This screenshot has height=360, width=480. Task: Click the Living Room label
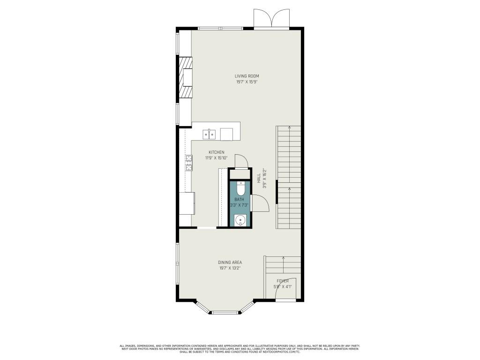247,76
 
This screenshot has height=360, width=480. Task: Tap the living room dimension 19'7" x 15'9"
247,82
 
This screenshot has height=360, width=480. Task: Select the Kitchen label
217,152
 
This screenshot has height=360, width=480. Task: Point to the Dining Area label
230,262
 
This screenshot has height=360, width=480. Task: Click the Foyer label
282,281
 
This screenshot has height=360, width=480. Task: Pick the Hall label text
259,178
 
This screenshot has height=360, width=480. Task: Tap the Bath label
240,200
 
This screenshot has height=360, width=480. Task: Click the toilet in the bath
240,188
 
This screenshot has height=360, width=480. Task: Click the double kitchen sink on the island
209,135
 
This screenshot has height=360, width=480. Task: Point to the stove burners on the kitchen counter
188,162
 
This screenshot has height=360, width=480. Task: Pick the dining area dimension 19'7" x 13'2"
230,269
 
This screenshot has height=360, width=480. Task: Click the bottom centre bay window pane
226,312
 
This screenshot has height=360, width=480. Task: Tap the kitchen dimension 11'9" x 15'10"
216,158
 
